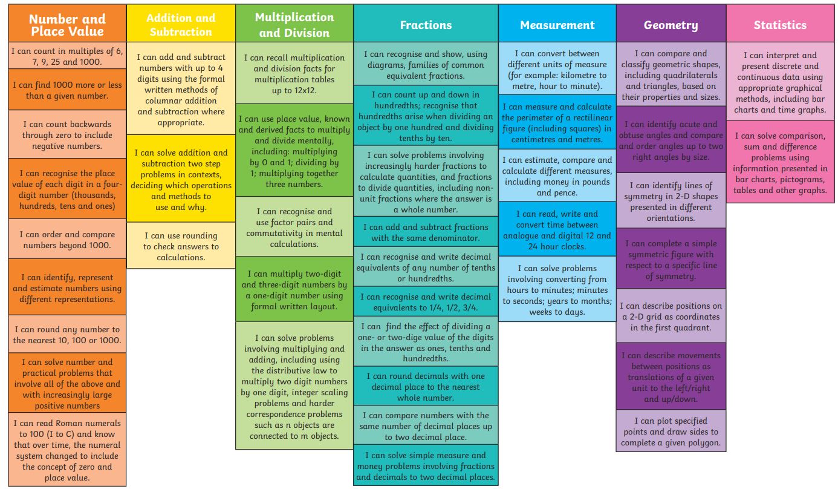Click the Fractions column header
click(426, 23)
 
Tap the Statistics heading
click(780, 23)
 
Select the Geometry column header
click(671, 23)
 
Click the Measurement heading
click(557, 23)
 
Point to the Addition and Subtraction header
click(181, 23)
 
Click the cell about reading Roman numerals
click(67, 449)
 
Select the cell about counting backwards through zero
click(67, 134)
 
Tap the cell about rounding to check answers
click(181, 246)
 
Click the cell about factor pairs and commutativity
click(294, 226)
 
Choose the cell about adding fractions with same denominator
click(426, 232)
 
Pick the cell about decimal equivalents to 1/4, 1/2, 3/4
click(426, 301)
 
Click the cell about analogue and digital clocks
click(557, 229)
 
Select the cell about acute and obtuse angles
click(671, 140)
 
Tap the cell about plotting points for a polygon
click(671, 431)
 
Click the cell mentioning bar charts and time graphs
click(780, 81)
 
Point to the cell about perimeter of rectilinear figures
click(557, 122)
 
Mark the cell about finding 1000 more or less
click(67, 90)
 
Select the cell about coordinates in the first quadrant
click(671, 316)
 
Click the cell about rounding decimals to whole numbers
click(426, 386)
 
